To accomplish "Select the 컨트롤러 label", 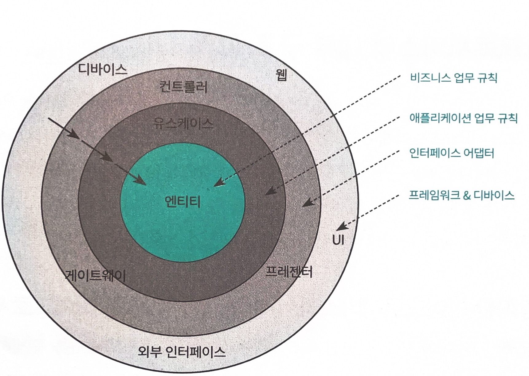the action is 184,87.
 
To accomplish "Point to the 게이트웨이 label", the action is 96,276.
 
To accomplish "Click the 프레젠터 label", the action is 289,272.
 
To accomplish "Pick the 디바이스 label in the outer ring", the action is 103,70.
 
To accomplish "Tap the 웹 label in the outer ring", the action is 281,75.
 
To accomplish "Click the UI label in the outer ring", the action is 338,240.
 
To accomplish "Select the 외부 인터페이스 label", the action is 182,352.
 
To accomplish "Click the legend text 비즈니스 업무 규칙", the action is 453,78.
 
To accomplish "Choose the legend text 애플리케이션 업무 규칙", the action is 463,118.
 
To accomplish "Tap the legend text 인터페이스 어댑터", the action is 452,153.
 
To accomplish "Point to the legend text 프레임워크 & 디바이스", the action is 461,195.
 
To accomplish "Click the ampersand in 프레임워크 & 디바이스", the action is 467,196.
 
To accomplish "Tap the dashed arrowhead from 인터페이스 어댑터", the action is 308,203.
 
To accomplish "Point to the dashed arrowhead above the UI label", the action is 341,227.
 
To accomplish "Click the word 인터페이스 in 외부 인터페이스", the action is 195,352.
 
